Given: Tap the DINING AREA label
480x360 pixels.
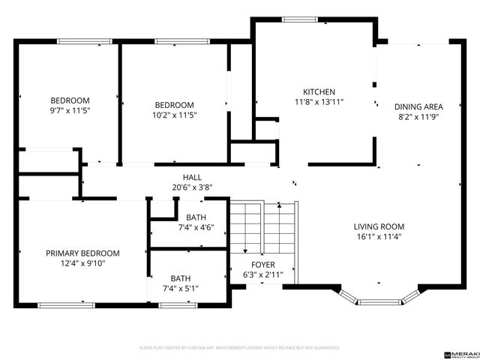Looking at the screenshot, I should click(418, 106).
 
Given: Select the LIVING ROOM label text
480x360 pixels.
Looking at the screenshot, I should click(379, 226).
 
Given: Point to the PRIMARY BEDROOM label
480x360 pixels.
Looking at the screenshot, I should click(82, 253).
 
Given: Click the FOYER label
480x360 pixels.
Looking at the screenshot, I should click(262, 265).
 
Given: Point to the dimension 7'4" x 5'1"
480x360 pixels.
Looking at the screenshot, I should click(180, 287).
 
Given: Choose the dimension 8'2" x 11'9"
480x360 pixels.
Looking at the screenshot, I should click(418, 116).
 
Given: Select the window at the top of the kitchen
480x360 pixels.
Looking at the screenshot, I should click(297, 19).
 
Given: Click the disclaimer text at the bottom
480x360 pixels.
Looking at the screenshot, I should click(240, 348).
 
